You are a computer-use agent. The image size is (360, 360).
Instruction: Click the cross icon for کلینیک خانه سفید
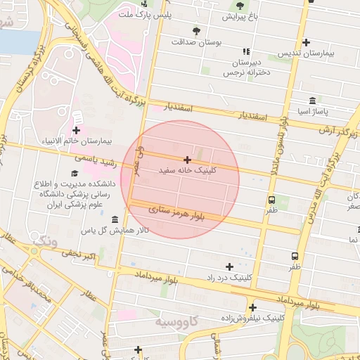(x=187, y=160)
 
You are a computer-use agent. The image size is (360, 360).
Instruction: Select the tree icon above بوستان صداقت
(x=196, y=31)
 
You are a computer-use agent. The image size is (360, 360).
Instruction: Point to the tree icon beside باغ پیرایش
(x=239, y=15)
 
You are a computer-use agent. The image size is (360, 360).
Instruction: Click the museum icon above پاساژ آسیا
(x=313, y=101)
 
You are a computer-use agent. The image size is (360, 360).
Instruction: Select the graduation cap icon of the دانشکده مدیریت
(x=75, y=173)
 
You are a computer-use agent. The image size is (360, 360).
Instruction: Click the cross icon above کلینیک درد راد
(x=229, y=266)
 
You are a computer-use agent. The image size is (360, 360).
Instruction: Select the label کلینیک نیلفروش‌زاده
(x=252, y=318)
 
